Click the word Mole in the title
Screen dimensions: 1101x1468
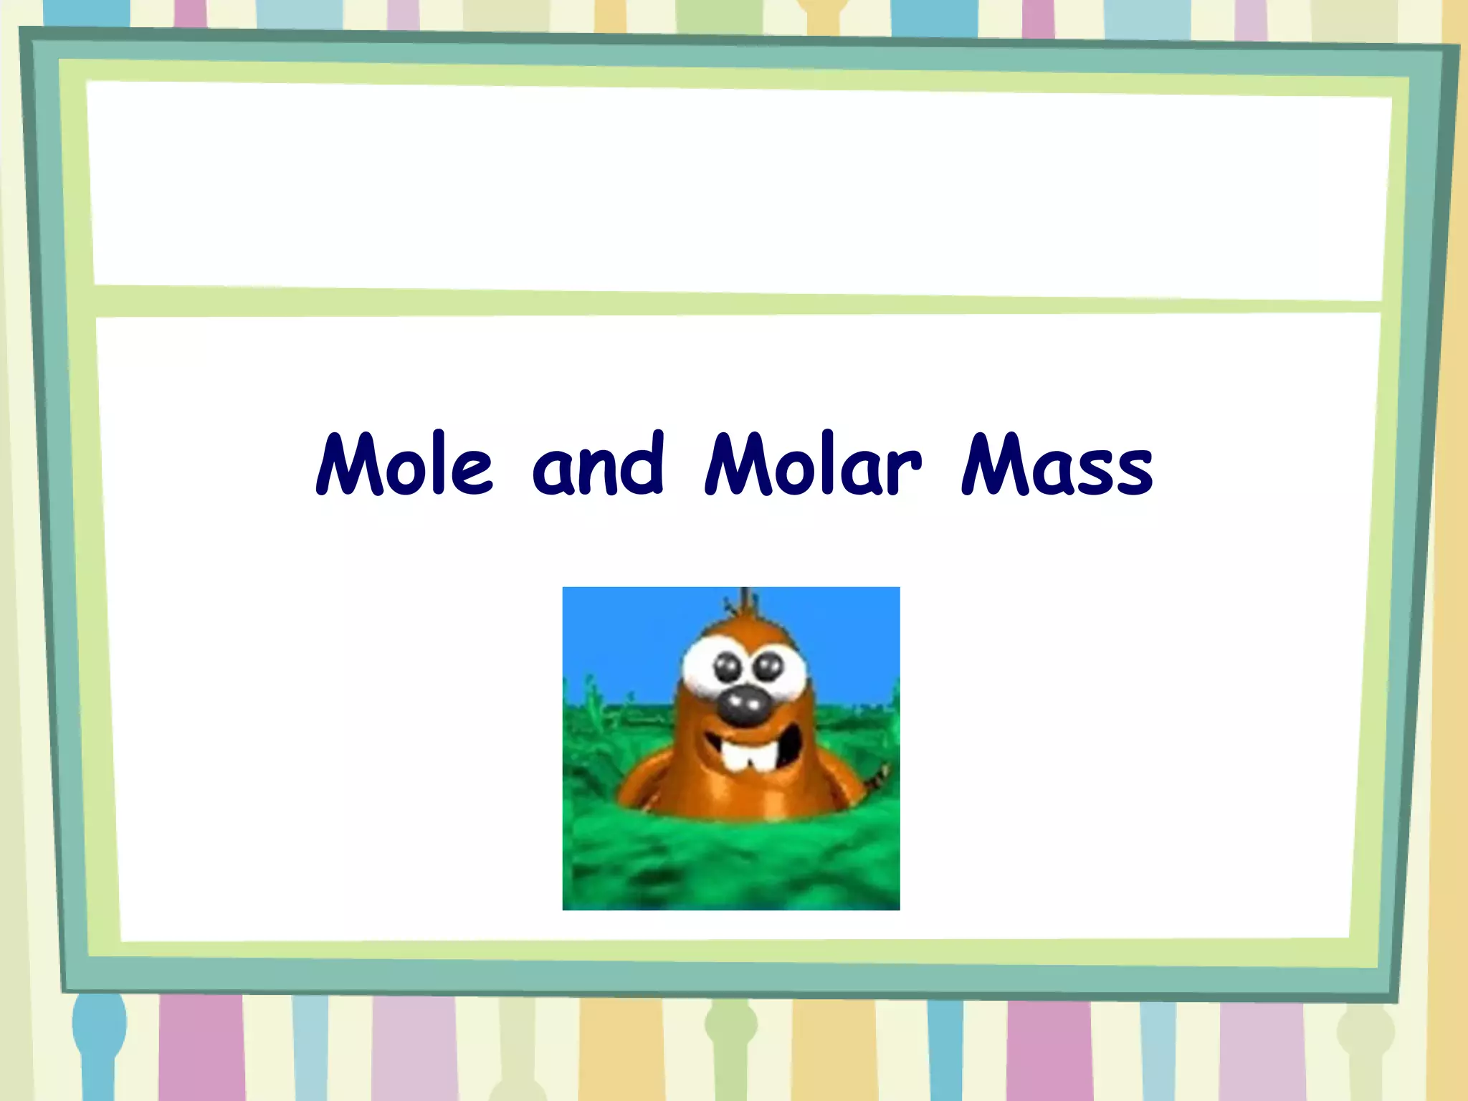pyautogui.click(x=405, y=464)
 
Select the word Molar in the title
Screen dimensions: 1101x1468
pyautogui.click(x=812, y=464)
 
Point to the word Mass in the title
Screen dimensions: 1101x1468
pyautogui.click(x=1057, y=464)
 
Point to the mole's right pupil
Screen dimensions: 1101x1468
pyautogui.click(x=769, y=667)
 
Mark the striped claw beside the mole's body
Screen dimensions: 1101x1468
pyautogui.click(x=879, y=778)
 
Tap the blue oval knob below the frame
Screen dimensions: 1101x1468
pyautogui.click(x=99, y=1025)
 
